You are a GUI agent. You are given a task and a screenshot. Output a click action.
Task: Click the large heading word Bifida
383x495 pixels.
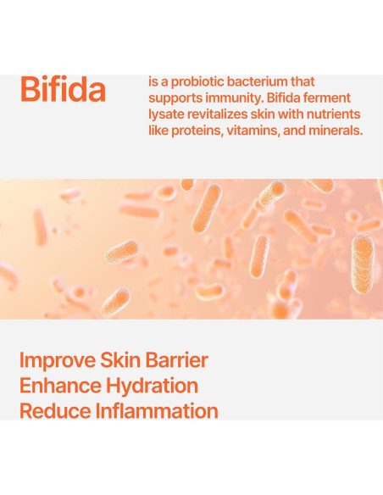pos(63,88)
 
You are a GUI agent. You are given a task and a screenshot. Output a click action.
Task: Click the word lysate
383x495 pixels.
pos(167,114)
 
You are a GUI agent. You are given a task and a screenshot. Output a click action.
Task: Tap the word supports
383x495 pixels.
pos(174,98)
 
